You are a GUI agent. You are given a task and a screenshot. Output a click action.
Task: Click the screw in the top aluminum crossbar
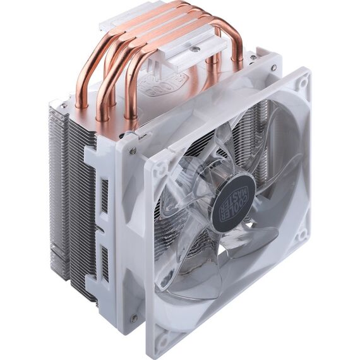(x=196, y=49)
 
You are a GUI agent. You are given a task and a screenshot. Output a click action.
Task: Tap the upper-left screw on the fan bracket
(x=133, y=150)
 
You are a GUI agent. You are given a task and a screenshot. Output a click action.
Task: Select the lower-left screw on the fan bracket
(x=133, y=318)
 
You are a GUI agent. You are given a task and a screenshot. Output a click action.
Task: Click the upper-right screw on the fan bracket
(x=273, y=68)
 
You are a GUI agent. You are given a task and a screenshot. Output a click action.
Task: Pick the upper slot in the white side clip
(x=104, y=196)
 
